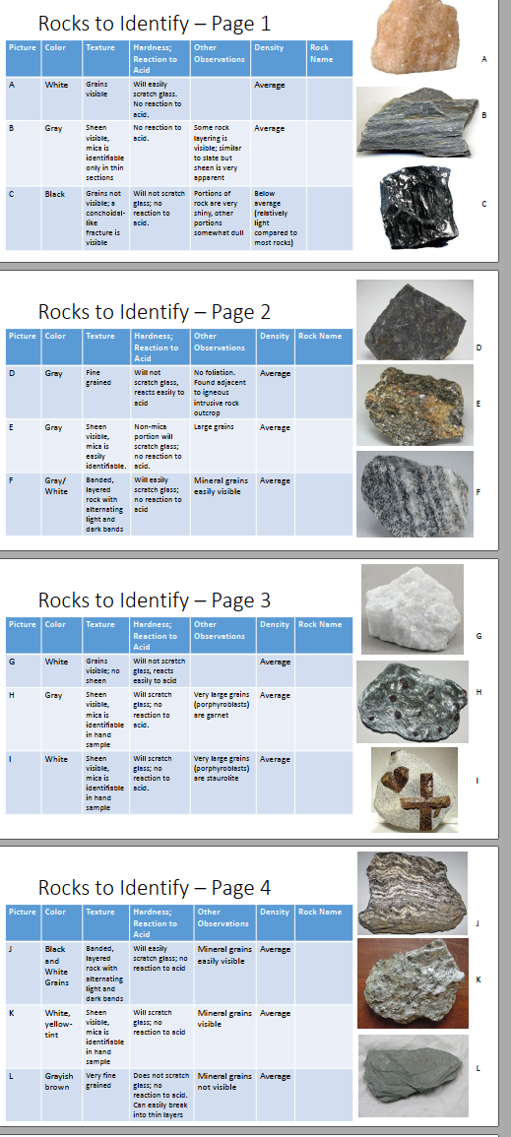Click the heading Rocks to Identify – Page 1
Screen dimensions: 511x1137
[154, 23]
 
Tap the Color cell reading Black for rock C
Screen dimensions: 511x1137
[55, 194]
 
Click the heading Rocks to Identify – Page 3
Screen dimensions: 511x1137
[154, 600]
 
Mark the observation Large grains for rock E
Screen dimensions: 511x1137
[214, 428]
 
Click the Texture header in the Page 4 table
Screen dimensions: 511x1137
[100, 912]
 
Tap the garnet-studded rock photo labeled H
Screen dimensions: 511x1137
[413, 702]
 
